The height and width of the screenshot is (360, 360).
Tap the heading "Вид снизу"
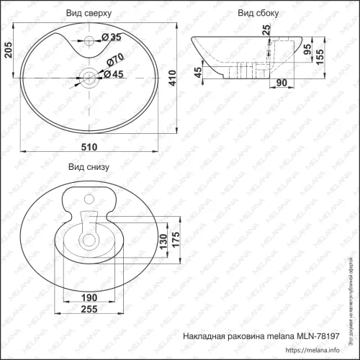[x=88, y=166]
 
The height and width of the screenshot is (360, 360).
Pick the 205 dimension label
[x=7, y=52]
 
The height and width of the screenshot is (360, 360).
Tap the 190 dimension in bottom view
[x=89, y=297]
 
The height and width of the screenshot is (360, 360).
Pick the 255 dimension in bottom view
[x=89, y=310]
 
